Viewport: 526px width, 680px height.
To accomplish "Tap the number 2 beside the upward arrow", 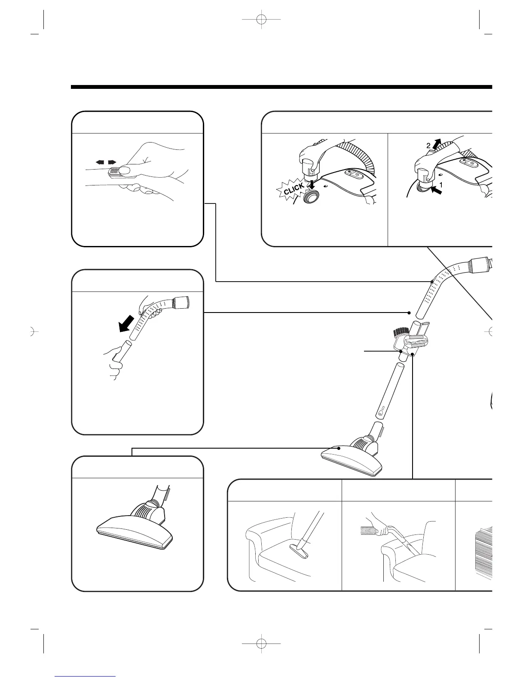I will [428, 146].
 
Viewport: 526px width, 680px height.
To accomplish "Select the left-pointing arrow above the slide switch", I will [100, 162].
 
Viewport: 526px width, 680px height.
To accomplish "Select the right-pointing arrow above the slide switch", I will [112, 162].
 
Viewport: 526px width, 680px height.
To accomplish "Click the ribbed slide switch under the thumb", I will [114, 171].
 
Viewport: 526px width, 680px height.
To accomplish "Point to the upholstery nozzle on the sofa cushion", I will [304, 547].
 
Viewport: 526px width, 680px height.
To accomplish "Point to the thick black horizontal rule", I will [281, 87].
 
